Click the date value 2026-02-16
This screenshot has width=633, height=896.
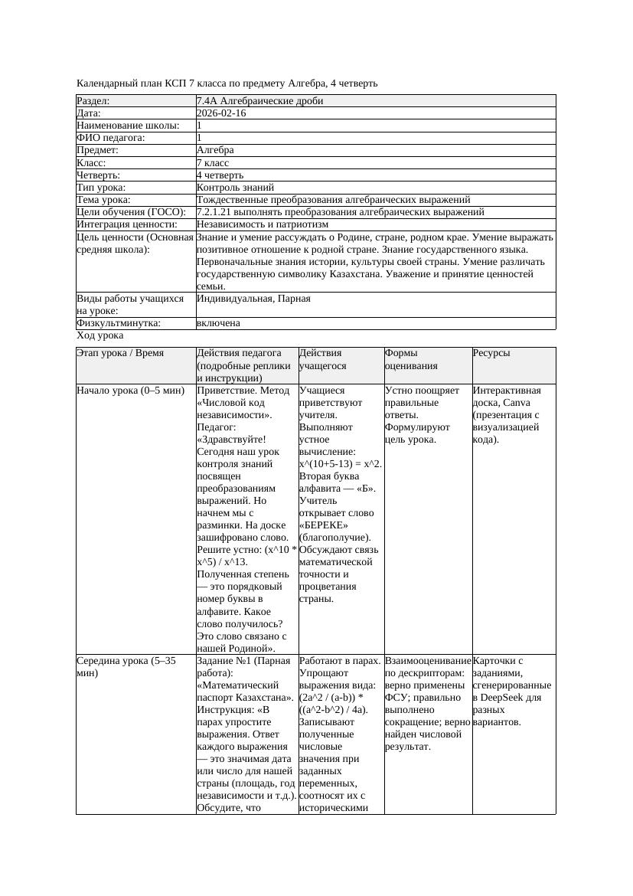click(x=221, y=113)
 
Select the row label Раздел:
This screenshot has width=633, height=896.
click(x=93, y=101)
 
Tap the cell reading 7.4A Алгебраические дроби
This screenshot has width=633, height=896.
click(x=259, y=101)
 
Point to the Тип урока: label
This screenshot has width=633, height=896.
click(x=101, y=188)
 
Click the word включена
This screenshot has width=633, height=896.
click(x=218, y=323)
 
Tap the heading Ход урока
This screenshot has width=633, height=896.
click(x=100, y=335)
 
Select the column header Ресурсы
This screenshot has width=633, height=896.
click(x=492, y=353)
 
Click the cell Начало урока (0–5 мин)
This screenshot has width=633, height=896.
click(x=131, y=391)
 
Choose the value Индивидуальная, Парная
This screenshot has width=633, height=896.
click(x=253, y=299)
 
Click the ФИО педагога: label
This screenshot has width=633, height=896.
click(x=111, y=138)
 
